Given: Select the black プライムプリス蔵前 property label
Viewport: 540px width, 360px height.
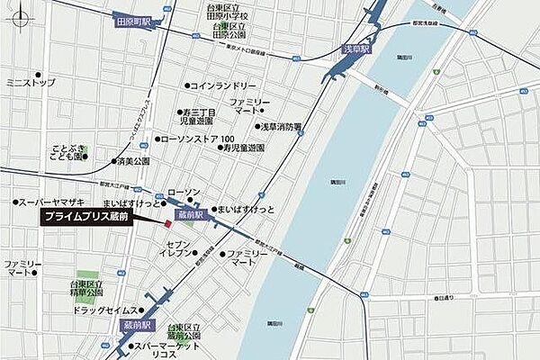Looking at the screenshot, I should (x=87, y=218).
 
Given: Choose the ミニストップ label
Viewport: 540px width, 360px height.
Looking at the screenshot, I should (x=30, y=82).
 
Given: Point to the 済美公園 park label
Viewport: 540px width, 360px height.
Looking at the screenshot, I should (x=131, y=162).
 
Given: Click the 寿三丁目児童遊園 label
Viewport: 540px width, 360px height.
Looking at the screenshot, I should (x=194, y=115).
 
